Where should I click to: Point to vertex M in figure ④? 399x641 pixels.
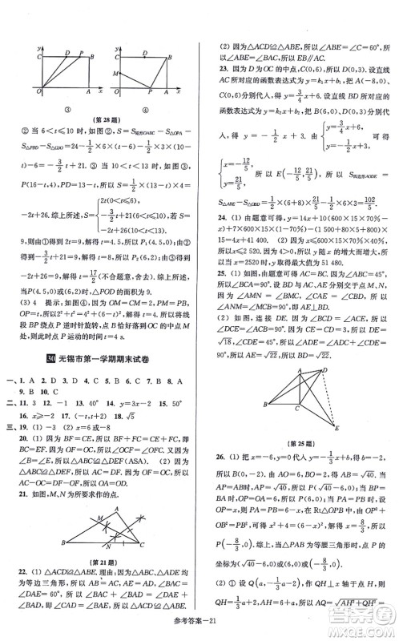click(x=115, y=73)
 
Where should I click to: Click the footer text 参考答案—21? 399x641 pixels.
click(x=199, y=630)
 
